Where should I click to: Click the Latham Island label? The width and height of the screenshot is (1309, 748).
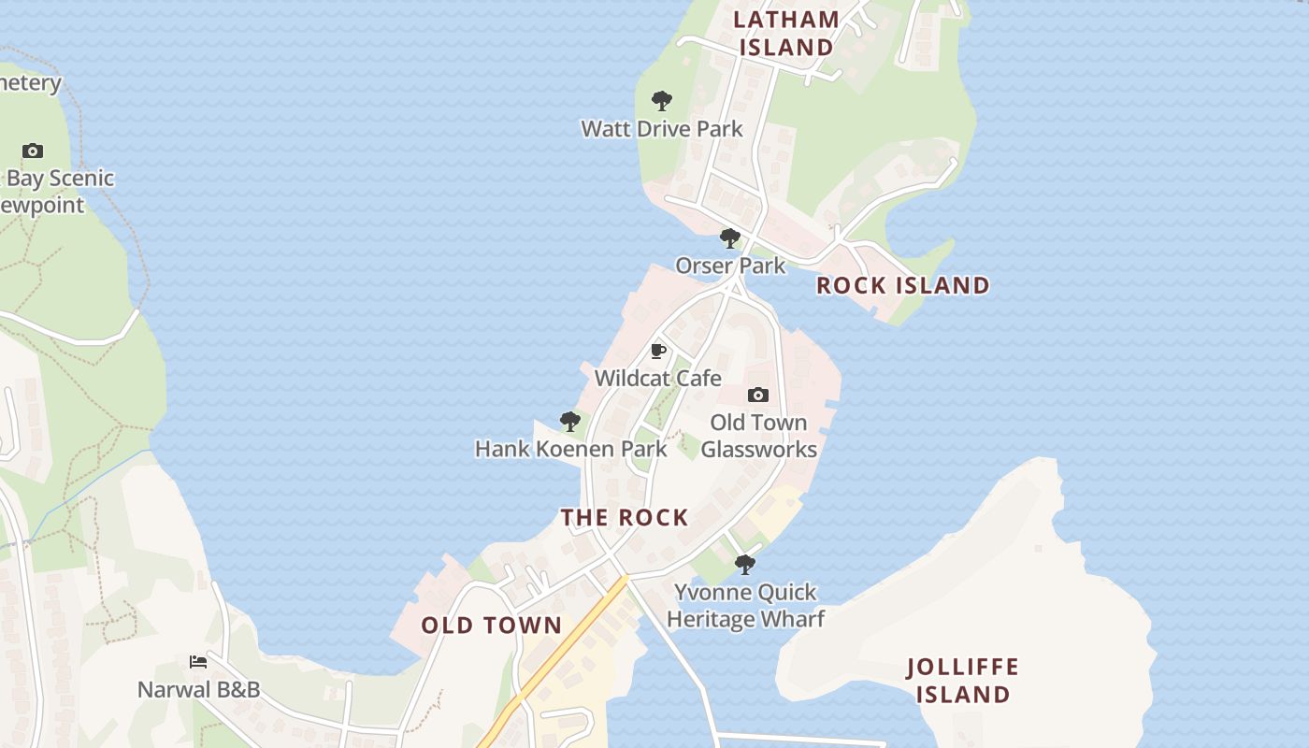(x=785, y=33)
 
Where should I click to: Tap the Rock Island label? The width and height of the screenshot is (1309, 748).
(x=902, y=285)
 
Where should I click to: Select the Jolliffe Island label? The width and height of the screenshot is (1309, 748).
(x=962, y=681)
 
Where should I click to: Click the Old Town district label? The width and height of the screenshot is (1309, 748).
(x=491, y=626)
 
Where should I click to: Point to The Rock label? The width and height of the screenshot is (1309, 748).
(x=625, y=517)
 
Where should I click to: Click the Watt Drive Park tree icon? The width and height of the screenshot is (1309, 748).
(x=661, y=101)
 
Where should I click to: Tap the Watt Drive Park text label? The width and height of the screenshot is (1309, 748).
(x=661, y=128)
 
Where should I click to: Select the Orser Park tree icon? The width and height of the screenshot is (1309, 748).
(x=730, y=238)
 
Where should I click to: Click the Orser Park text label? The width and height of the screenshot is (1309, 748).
(x=730, y=266)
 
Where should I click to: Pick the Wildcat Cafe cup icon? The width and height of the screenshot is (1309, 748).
(x=658, y=352)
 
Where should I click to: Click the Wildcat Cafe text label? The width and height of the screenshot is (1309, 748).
(x=658, y=379)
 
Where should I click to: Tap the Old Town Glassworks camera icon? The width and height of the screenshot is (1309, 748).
(x=758, y=396)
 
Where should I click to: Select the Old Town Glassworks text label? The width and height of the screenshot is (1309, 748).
(x=758, y=436)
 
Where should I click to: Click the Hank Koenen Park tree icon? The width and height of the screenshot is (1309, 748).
(x=569, y=422)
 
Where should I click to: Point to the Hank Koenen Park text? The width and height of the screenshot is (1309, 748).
(x=570, y=449)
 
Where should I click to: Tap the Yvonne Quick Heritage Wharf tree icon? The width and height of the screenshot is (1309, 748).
(x=745, y=565)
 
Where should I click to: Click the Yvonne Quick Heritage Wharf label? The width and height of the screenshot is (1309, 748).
(x=745, y=605)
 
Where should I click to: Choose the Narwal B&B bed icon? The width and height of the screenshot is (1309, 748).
(x=198, y=662)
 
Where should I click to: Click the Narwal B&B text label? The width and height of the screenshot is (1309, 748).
(x=198, y=690)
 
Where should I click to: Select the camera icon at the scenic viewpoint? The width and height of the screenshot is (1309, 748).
(x=33, y=151)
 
